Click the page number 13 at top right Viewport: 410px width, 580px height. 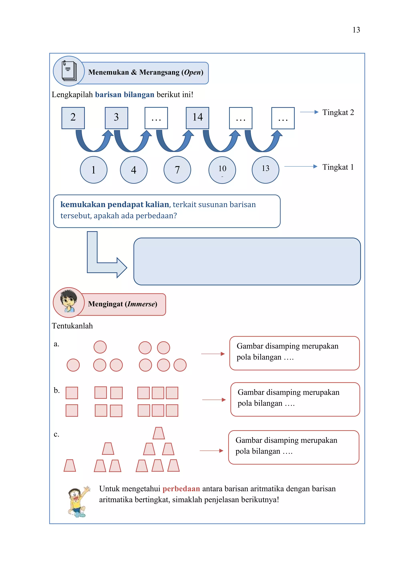click(x=356, y=30)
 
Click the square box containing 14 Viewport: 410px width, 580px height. click(x=197, y=118)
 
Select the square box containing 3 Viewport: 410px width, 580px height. click(x=116, y=118)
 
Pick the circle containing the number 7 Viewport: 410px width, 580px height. click(x=177, y=170)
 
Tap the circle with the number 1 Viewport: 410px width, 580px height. click(x=94, y=170)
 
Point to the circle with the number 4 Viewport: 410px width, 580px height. click(x=134, y=170)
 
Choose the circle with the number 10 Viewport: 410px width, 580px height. click(x=222, y=170)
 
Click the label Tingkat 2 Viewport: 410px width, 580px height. click(x=338, y=112)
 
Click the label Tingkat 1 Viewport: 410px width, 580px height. click(x=338, y=167)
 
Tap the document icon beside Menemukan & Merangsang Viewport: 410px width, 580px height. click(x=69, y=71)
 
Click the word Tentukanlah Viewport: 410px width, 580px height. click(x=72, y=326)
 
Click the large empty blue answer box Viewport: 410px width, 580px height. click(x=247, y=261)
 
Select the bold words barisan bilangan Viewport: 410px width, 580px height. click(x=125, y=95)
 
